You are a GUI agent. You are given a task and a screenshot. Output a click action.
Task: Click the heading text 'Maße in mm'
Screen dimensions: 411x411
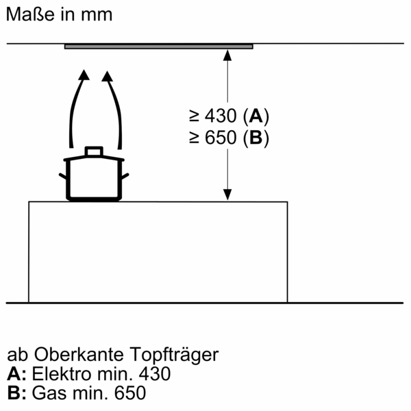[59, 14]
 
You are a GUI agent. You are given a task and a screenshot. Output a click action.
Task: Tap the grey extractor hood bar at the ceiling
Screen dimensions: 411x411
[159, 47]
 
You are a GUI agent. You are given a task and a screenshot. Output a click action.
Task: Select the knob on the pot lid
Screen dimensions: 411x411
[93, 151]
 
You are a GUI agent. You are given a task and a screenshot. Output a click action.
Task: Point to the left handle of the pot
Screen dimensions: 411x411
[62, 177]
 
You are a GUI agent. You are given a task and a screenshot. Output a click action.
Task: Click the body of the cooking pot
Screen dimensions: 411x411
[93, 179]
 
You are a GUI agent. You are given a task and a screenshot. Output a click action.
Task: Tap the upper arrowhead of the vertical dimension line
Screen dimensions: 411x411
[227, 55]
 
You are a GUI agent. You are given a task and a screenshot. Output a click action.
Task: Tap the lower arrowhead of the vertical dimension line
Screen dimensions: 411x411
[227, 195]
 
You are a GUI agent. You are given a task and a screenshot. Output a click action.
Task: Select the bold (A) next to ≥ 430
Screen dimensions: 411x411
[255, 115]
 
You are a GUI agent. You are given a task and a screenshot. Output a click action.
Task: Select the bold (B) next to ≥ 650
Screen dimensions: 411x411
[255, 138]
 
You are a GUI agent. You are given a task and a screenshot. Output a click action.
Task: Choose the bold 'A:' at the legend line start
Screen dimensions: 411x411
[16, 375]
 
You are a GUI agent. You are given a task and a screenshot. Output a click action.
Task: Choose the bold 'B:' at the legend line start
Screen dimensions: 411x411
[16, 394]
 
